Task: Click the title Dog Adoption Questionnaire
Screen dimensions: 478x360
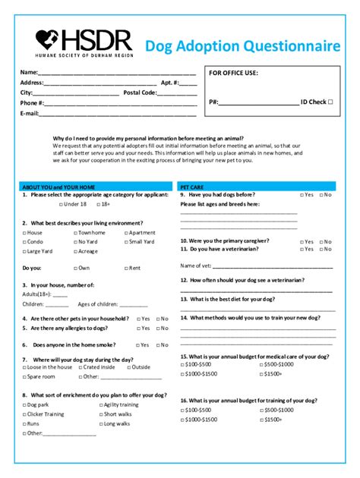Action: [242, 46]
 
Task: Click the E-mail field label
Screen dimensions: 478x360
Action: [29, 113]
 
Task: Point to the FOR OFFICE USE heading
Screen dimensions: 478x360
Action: [233, 73]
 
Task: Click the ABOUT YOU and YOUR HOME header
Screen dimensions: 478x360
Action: [58, 186]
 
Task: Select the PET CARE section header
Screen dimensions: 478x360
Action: [191, 186]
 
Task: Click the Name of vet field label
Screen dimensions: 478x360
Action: [195, 266]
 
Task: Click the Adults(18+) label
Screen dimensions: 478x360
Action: [36, 294]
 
